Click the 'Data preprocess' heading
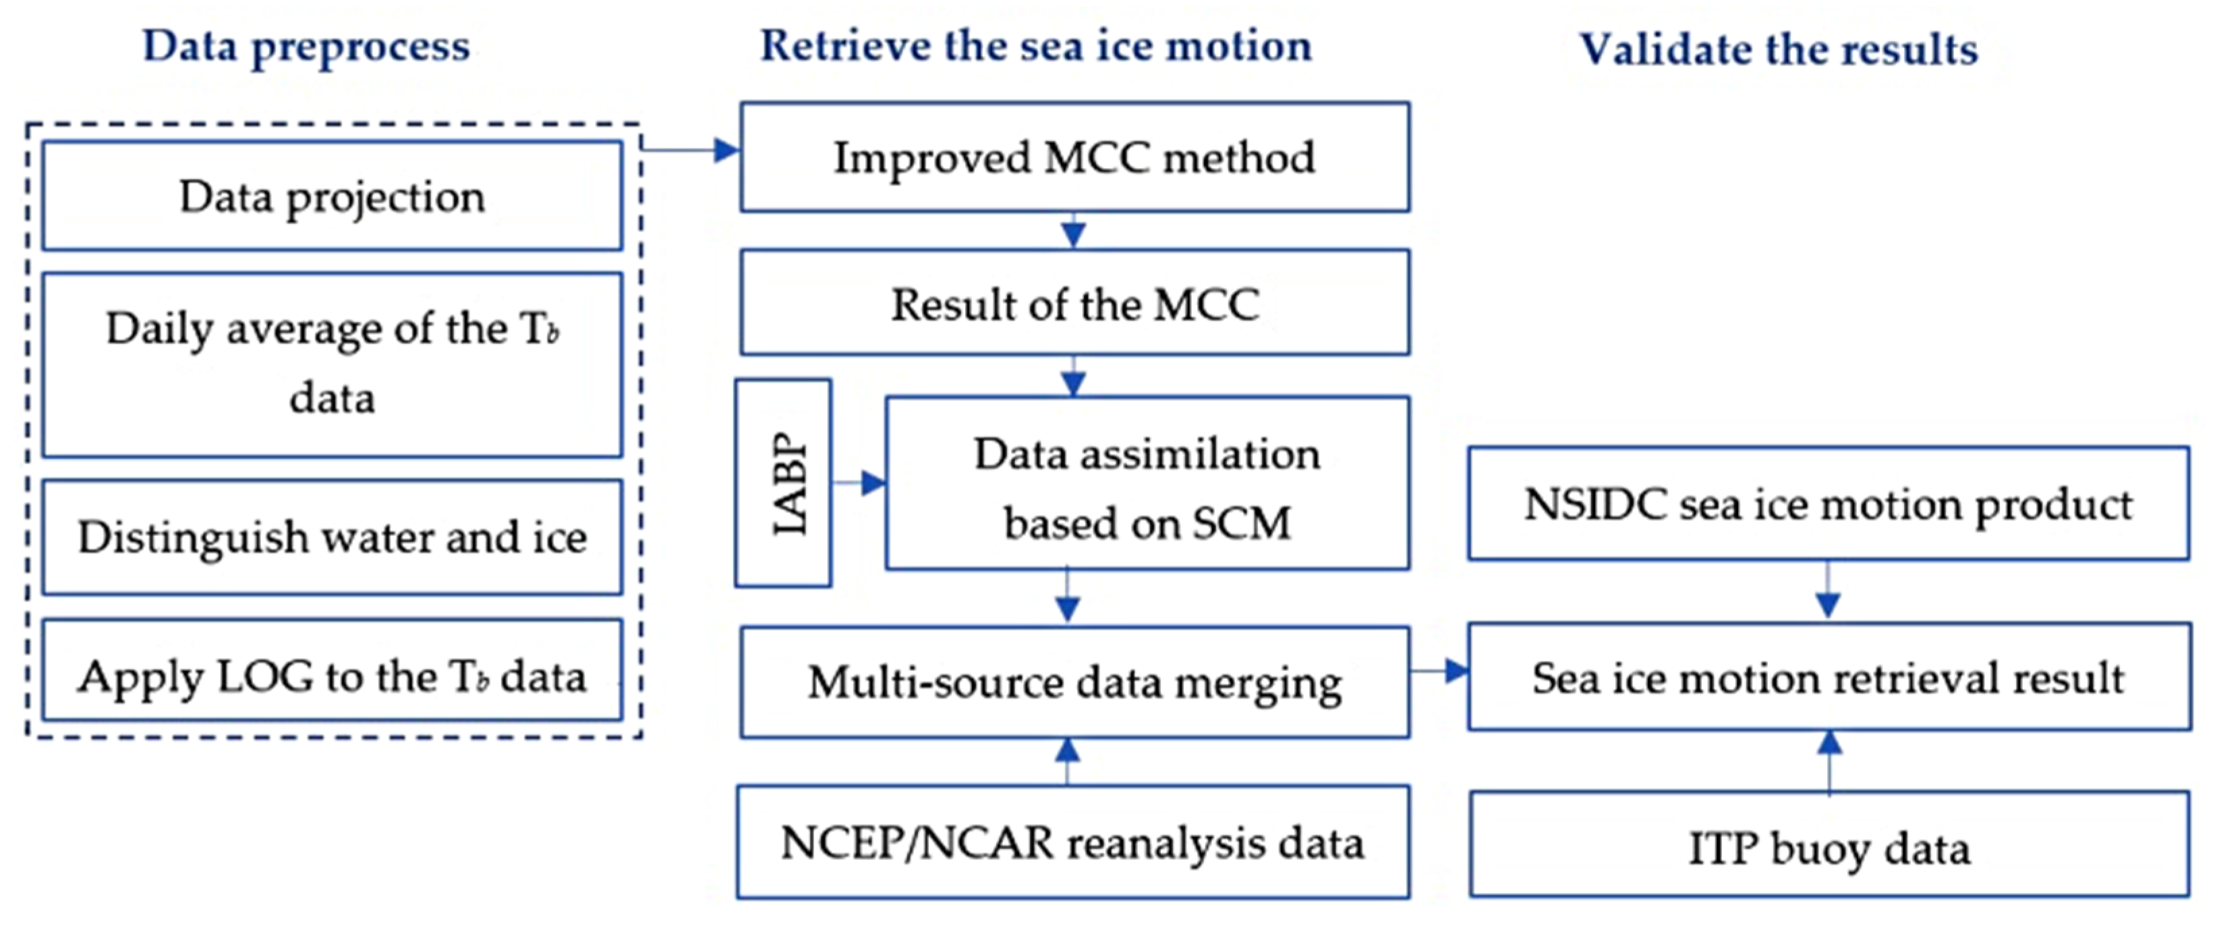point(306,47)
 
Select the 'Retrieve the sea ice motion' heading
point(1036,47)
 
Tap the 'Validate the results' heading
point(1778,49)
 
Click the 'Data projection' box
point(332,196)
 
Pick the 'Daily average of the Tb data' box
point(332,364)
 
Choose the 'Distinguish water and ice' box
point(332,537)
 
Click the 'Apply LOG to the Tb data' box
point(332,677)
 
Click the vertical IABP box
point(783,483)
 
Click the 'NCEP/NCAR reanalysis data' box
point(1072,843)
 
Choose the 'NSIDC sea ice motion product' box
point(1828,504)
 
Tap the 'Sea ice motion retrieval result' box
point(1828,678)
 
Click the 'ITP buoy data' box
point(1828,847)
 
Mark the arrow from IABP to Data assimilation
point(859,483)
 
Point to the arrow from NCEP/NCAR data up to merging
point(1067,761)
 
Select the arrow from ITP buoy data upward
point(1829,761)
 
